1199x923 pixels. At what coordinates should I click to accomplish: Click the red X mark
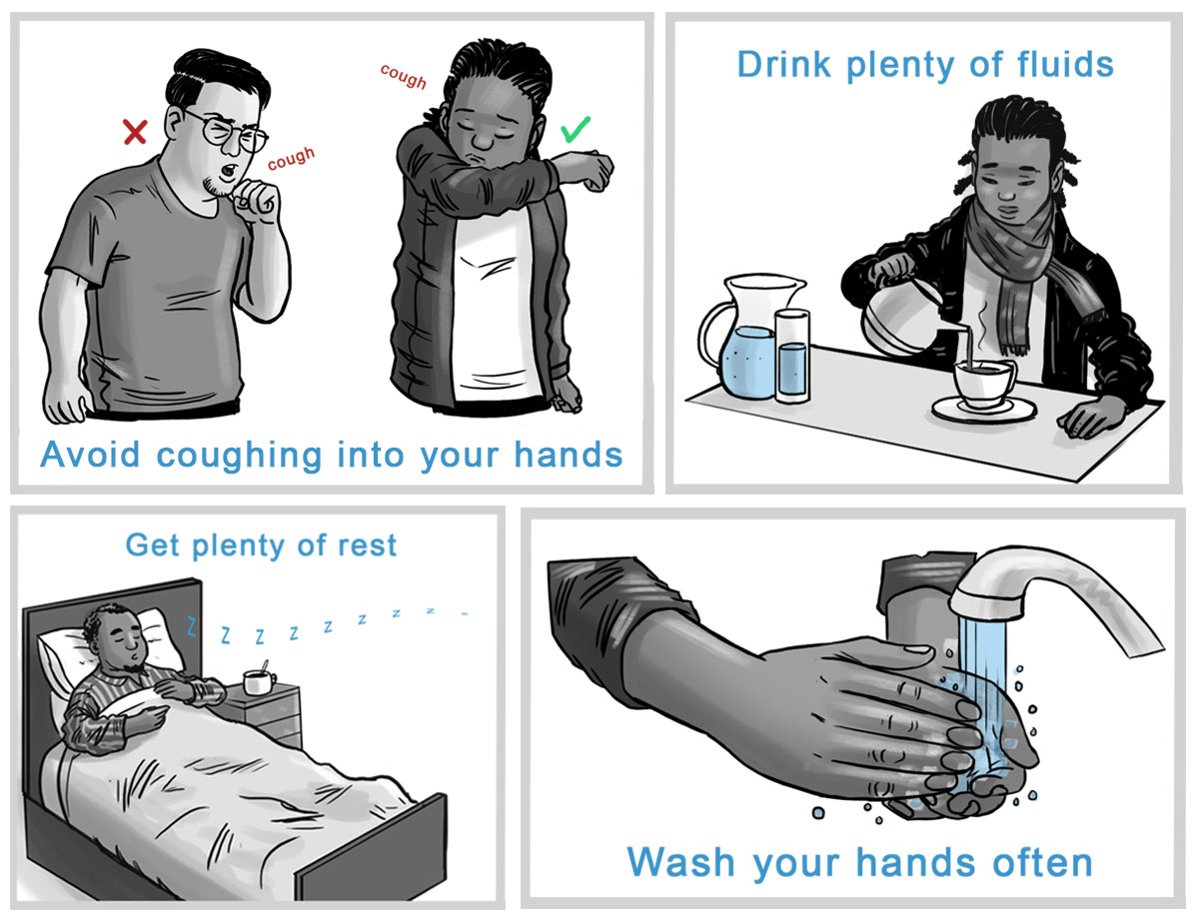pyautogui.click(x=135, y=132)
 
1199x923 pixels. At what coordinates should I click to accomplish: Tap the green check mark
pyautogui.click(x=576, y=129)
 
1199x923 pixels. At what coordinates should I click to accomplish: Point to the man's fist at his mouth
pyautogui.click(x=255, y=201)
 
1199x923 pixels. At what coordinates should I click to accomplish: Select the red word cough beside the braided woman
pyautogui.click(x=404, y=76)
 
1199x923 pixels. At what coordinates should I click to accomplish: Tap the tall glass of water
pyautogui.click(x=792, y=356)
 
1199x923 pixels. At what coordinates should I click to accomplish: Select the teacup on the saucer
pyautogui.click(x=984, y=385)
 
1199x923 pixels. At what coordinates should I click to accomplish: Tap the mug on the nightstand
pyautogui.click(x=260, y=681)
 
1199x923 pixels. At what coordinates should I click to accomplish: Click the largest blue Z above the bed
pyautogui.click(x=191, y=626)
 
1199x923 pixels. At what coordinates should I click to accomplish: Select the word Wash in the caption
pyautogui.click(x=680, y=862)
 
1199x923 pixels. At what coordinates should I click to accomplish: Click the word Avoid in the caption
pyautogui.click(x=91, y=455)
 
